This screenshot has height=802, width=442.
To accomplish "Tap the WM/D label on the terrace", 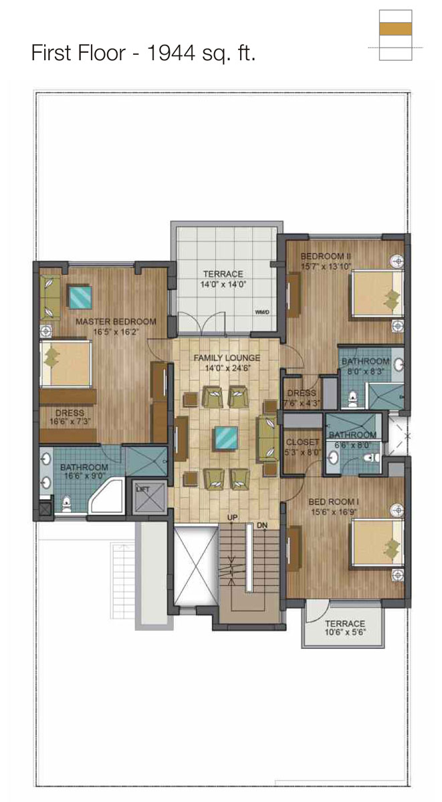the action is pyautogui.click(x=262, y=312).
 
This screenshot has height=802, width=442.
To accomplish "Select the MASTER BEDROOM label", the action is pyautogui.click(x=116, y=321).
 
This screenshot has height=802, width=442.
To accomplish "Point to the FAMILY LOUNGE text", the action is pyautogui.click(x=227, y=358).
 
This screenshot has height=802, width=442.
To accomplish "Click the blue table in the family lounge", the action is pyautogui.click(x=226, y=438).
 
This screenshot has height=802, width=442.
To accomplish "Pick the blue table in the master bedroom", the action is pyautogui.click(x=80, y=297).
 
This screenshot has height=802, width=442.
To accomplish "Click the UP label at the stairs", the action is pyautogui.click(x=232, y=518).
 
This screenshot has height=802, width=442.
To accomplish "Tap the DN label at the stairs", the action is pyautogui.click(x=262, y=525).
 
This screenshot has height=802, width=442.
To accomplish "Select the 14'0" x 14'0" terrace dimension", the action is pyautogui.click(x=223, y=285).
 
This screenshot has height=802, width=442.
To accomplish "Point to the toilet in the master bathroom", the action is pyautogui.click(x=67, y=504).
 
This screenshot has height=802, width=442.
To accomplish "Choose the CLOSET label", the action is pyautogui.click(x=302, y=442).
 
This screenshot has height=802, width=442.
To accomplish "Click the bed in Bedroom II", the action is pyautogui.click(x=377, y=293).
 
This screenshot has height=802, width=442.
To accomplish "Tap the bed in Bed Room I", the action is pyautogui.click(x=377, y=543).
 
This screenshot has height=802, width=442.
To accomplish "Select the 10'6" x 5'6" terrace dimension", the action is pyautogui.click(x=345, y=633).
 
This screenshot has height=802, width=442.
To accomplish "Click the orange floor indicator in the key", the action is pyautogui.click(x=395, y=29).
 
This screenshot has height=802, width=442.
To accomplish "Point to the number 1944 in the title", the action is pyautogui.click(x=171, y=53).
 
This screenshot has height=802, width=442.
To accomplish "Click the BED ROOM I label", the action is pyautogui.click(x=334, y=502).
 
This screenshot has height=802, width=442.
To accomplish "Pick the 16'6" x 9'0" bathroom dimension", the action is pyautogui.click(x=84, y=476).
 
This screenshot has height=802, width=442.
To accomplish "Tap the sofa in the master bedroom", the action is pyautogui.click(x=49, y=298).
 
